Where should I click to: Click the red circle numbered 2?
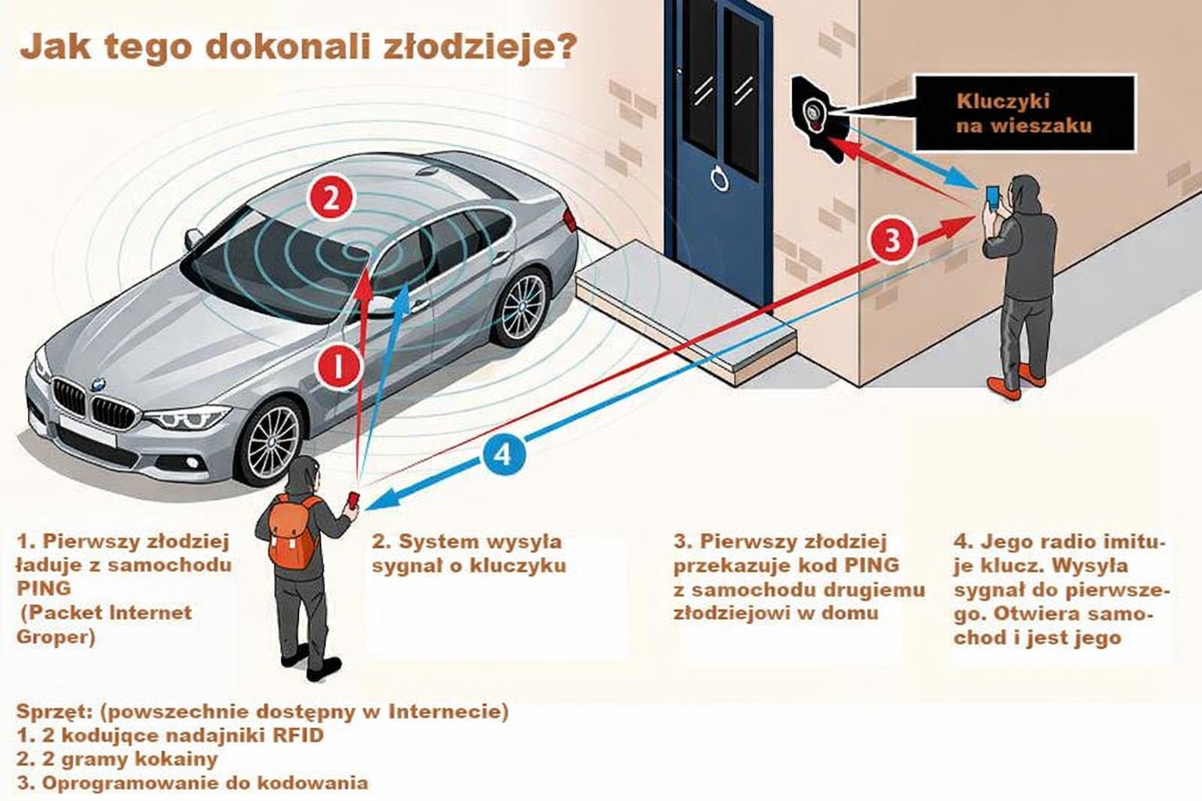point(332,197)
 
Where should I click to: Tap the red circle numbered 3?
point(893,239)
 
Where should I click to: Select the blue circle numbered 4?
point(503,454)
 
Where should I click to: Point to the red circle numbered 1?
point(339,365)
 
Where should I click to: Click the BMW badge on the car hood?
point(98,384)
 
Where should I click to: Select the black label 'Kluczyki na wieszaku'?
point(1024,113)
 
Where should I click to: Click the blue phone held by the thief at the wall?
point(991,194)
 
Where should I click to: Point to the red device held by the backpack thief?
point(354,499)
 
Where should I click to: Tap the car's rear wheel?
point(522,307)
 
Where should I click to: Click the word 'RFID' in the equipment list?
point(298,735)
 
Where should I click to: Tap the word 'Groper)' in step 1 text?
point(56,637)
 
